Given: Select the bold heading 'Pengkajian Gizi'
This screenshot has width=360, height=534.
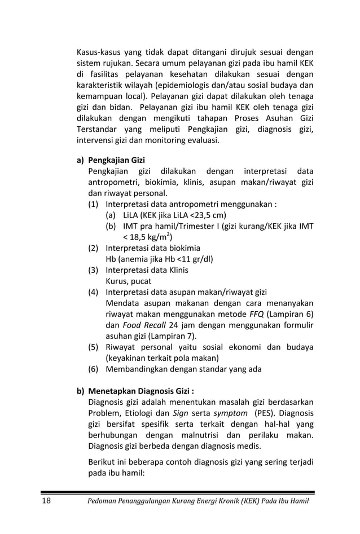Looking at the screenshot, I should tap(117, 160).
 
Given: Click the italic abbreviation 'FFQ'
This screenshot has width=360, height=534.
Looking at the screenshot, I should tap(257, 314).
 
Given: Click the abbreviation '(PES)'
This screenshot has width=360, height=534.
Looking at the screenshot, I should tap(265, 412).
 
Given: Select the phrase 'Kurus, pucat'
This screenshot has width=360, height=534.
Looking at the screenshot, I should tap(129, 281).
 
